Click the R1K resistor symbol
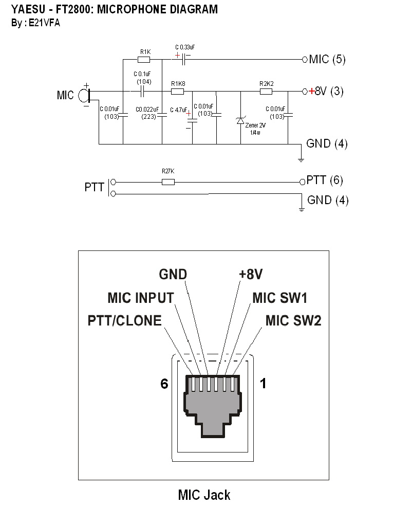tap(145, 60)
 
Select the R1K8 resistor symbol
tap(177, 92)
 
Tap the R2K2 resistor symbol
tap(266, 92)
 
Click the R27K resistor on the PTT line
tap(168, 182)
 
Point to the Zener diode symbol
tap(240, 121)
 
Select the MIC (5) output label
tap(327, 59)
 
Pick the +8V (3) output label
tap(329, 92)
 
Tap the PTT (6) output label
tap(325, 180)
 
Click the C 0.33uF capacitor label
tap(185, 47)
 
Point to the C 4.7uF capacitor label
tap(178, 110)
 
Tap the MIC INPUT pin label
tap(140, 298)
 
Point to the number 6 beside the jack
tap(164, 384)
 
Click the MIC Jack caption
tap(204, 495)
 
